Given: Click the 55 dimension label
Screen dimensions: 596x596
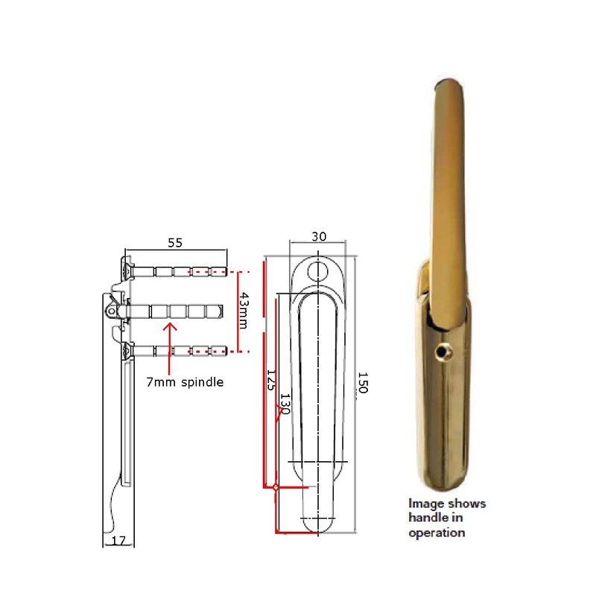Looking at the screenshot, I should (x=175, y=243).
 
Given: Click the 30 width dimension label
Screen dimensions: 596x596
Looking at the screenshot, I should (x=319, y=237).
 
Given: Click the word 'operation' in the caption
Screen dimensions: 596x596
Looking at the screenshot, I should (x=437, y=533).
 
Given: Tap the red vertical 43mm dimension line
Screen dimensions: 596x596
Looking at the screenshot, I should (x=238, y=311).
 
